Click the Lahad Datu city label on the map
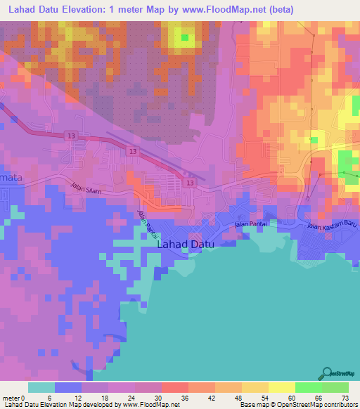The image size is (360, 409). pos(186,245)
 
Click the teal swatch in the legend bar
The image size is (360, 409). pos(41,387)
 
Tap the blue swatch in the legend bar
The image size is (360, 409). pos(68,387)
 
